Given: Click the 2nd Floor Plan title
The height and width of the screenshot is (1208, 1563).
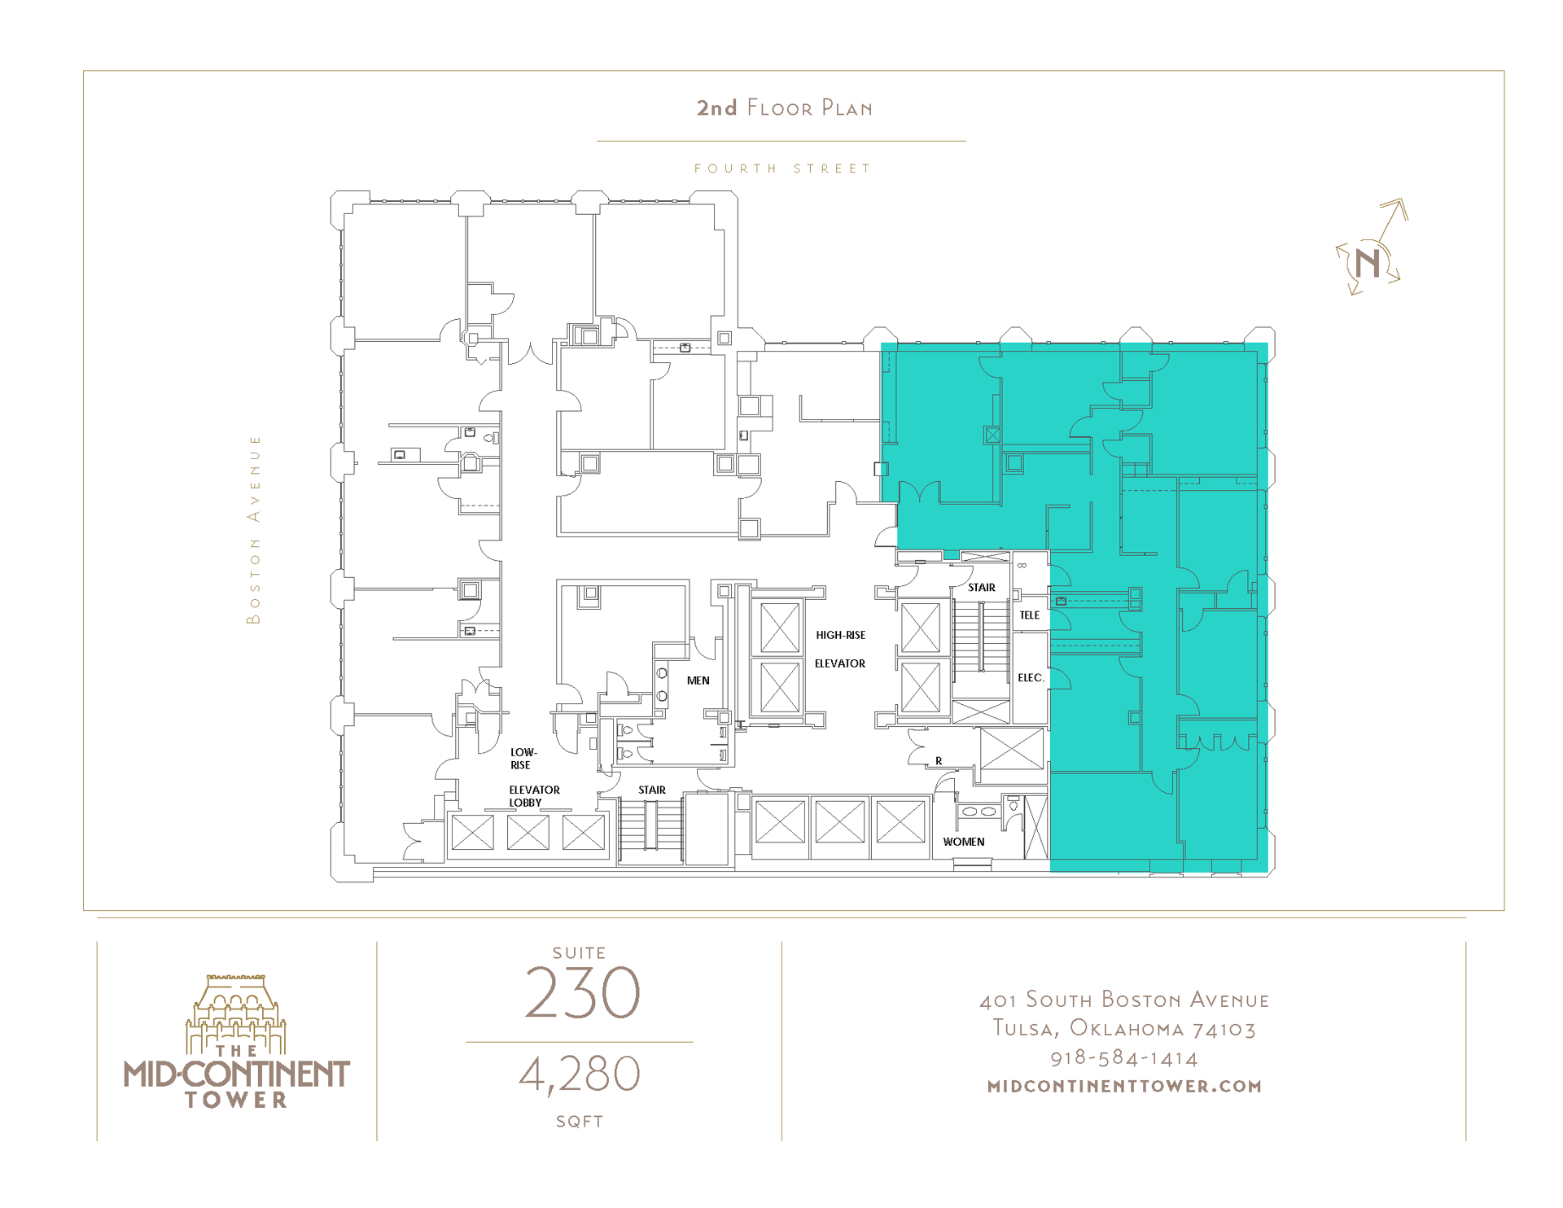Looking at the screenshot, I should click(784, 108).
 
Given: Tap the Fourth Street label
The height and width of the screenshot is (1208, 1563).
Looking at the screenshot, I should click(782, 169).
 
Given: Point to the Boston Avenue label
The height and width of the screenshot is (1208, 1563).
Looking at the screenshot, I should click(254, 529).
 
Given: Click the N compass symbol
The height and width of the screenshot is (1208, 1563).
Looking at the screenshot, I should click(1368, 262).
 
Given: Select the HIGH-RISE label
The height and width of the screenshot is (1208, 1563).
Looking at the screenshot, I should click(840, 635).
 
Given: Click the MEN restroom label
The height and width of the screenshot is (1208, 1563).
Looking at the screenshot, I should click(698, 681).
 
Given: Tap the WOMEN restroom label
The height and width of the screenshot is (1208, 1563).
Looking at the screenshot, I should click(963, 842).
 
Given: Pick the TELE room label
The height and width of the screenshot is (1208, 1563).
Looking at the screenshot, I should click(1029, 615).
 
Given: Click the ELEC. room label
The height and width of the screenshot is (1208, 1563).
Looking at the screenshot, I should click(1030, 677).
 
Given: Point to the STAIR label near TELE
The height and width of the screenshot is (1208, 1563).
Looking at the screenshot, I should click(981, 587).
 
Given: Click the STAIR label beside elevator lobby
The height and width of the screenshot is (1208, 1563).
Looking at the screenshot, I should click(651, 790).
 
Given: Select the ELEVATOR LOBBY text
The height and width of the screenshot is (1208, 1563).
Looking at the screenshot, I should click(534, 796).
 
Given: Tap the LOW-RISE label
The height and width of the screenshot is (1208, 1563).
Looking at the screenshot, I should click(523, 759).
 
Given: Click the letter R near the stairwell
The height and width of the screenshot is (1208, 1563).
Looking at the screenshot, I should click(938, 761).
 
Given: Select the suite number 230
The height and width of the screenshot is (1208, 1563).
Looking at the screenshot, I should click(581, 992).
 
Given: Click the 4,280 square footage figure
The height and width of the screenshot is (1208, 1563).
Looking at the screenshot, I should click(580, 1074).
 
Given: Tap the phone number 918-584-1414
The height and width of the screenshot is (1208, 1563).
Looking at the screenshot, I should click(1123, 1058).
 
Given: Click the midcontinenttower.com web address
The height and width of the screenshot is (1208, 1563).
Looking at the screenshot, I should click(1123, 1086).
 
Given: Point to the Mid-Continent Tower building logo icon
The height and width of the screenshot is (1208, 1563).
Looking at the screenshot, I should click(236, 1013).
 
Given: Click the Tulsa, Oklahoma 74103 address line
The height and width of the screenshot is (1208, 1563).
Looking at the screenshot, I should click(1123, 1029).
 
